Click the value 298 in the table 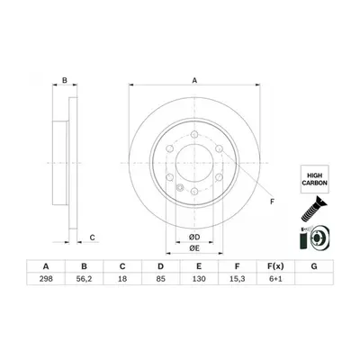46,279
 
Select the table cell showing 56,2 84,279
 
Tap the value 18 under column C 122,279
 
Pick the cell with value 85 161,279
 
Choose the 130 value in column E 199,279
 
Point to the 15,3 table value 238,279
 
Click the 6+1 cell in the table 275,279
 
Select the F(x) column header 275,266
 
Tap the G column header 314,266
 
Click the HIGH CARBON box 315,179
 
